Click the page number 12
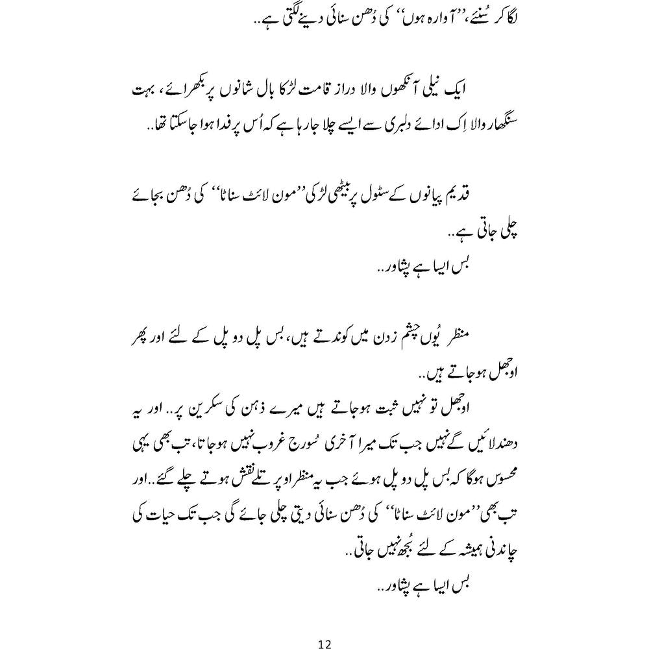325,626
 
